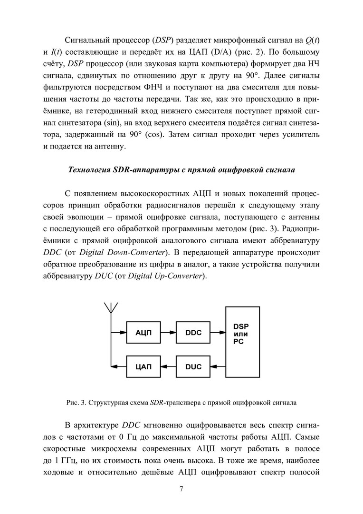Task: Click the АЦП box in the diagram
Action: click(x=143, y=333)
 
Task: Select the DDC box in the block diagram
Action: click(x=192, y=333)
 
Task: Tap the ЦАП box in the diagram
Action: click(x=143, y=366)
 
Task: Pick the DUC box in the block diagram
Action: click(x=192, y=366)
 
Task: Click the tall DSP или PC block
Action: click(x=242, y=342)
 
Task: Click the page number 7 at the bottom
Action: click(x=181, y=489)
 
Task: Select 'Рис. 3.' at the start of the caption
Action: click(x=76, y=402)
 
